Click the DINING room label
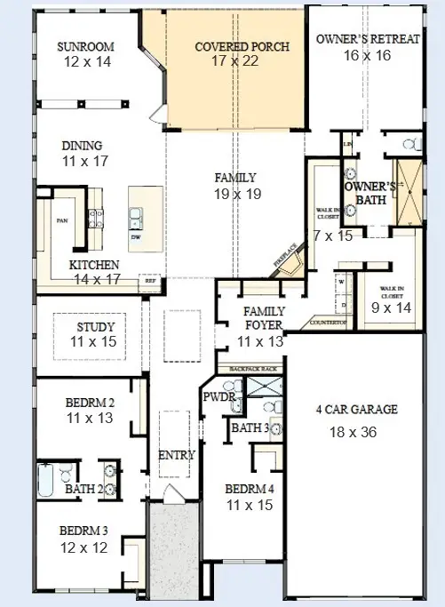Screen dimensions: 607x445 pos(82,146)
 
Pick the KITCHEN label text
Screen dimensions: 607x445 pos(94,265)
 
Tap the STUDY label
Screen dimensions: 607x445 pos(97,326)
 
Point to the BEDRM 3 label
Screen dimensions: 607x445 pos(84,531)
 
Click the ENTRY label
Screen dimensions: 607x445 pos(176,455)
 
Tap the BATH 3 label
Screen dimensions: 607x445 pos(250,428)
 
